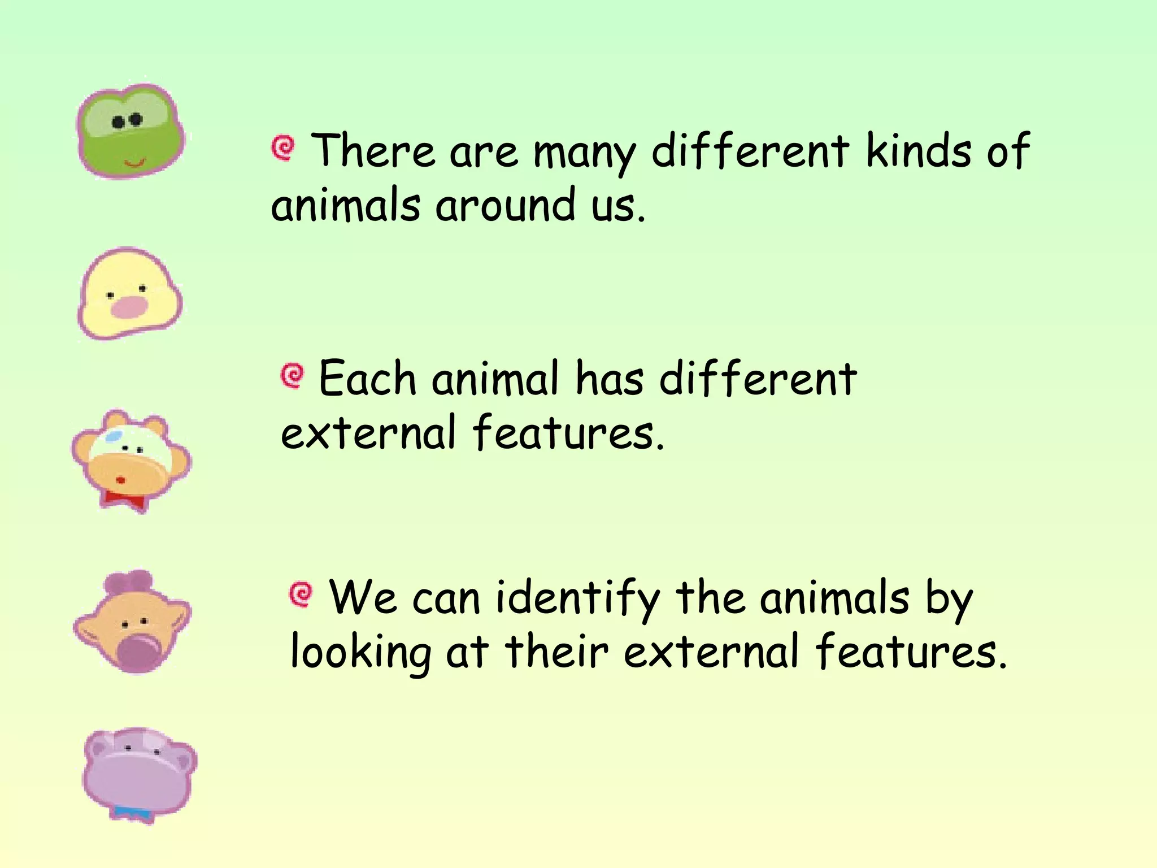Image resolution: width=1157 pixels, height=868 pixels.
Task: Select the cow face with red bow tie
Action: click(131, 459)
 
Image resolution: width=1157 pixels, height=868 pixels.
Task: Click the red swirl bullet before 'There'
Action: click(283, 148)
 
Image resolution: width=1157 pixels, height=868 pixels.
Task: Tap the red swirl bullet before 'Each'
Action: click(293, 375)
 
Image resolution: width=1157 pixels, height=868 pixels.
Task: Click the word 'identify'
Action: click(578, 599)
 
